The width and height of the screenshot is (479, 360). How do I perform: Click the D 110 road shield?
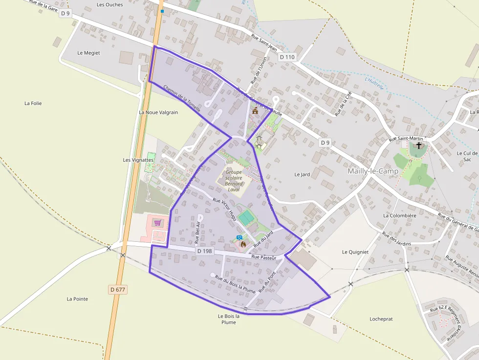(x=287, y=57)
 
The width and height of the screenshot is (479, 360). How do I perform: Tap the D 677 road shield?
(x=118, y=290)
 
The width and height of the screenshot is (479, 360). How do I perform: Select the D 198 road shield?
(x=205, y=251)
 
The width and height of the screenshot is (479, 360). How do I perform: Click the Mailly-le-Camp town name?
(x=373, y=171)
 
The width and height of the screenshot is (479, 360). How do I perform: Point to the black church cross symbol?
(x=418, y=146)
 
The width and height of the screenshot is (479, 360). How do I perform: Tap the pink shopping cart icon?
(x=157, y=223)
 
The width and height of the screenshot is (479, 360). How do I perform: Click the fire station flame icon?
(x=243, y=244)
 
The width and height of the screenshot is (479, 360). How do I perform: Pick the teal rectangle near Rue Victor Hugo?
(x=246, y=216)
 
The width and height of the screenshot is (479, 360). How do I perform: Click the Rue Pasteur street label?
(x=264, y=257)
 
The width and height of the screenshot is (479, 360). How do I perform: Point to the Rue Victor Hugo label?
(x=225, y=209)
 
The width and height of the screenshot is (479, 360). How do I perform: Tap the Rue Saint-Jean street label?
(x=264, y=42)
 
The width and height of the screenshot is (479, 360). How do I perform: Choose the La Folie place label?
(x=33, y=104)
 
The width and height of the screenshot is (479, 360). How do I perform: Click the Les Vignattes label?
(x=138, y=160)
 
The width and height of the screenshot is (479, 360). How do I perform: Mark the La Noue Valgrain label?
(x=158, y=112)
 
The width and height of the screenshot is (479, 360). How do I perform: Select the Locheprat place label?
(x=381, y=319)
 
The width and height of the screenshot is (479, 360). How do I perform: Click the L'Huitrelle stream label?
(x=374, y=82)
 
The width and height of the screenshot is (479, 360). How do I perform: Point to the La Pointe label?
(x=77, y=299)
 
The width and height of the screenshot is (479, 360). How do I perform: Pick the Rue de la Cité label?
(x=343, y=104)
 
